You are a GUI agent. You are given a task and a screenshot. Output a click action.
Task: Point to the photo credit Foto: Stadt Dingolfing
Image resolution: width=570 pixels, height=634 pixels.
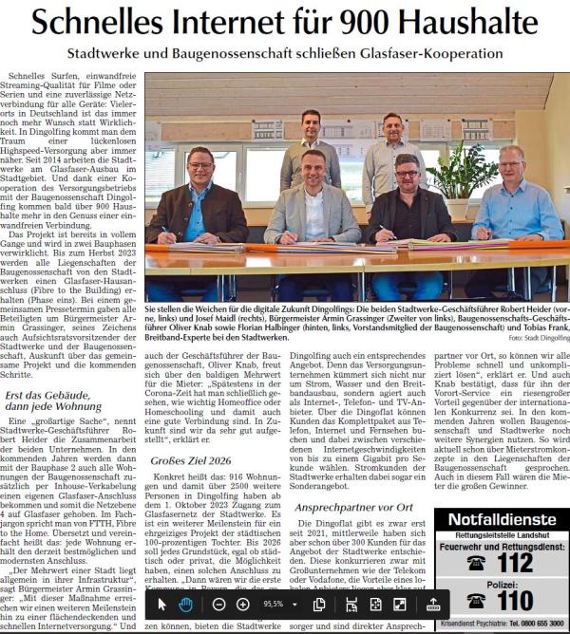click(539, 338)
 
